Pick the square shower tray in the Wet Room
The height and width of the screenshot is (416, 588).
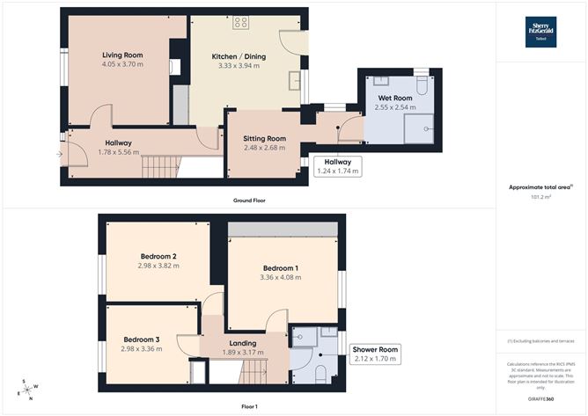tap(422, 127)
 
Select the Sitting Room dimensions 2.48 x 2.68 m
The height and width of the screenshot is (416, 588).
tap(265, 149)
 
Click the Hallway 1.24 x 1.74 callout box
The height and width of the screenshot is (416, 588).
tap(337, 166)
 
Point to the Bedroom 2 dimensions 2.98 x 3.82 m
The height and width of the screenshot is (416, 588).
tap(158, 265)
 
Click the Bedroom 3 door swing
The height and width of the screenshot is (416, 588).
tap(187, 346)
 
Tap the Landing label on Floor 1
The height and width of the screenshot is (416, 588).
tap(242, 343)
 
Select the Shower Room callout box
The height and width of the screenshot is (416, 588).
tap(375, 354)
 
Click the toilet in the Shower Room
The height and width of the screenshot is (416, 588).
tap(320, 373)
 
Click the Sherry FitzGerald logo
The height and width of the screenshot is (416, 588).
tap(536, 30)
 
